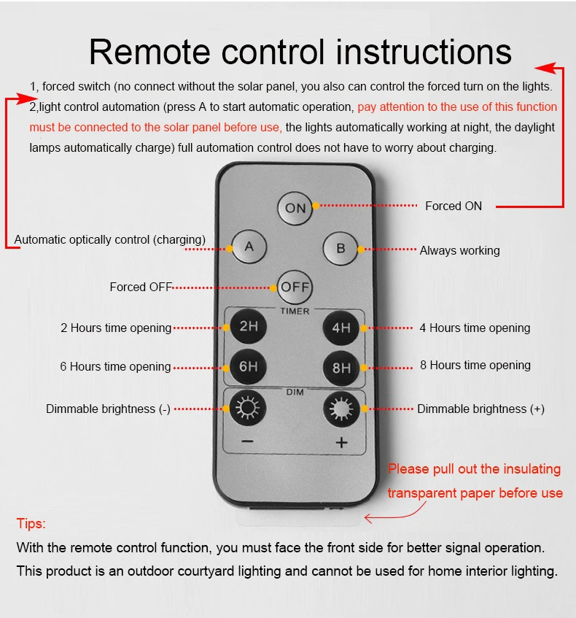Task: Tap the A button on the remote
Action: (249, 247)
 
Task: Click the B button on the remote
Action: (340, 248)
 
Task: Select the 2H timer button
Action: (248, 326)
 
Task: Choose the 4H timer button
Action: (340, 328)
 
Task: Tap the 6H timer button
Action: (248, 366)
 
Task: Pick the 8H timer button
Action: (341, 368)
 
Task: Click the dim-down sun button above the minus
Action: (247, 408)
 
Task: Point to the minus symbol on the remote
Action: (247, 441)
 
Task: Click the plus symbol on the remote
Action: (341, 443)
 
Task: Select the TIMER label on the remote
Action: (295, 311)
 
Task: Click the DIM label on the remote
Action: (295, 392)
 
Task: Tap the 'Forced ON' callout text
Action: (454, 206)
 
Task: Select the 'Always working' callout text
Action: (459, 251)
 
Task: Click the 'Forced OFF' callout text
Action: (141, 287)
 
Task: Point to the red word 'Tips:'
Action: (31, 523)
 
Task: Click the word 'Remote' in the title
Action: (149, 52)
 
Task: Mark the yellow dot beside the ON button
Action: (316, 206)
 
